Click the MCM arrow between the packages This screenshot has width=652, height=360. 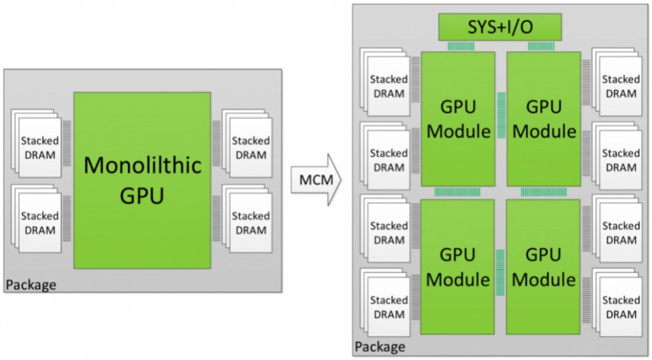click(316, 180)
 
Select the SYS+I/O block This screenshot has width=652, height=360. click(500, 27)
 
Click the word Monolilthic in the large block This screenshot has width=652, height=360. click(143, 165)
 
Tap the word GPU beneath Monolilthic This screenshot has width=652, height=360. click(142, 196)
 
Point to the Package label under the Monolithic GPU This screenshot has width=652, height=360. click(31, 285)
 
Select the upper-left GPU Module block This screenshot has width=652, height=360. click(458, 119)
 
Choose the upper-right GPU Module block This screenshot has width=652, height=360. click(543, 119)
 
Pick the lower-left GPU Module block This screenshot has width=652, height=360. click(458, 267)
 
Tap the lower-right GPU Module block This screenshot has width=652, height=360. click(543, 267)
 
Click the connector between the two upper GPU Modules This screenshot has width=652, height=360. click(501, 115)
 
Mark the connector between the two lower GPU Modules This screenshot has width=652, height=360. click(500, 272)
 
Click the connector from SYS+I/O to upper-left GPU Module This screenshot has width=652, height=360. click(461, 46)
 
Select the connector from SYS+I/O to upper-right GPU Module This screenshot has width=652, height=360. click(541, 46)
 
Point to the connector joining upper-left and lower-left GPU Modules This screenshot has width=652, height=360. click(458, 192)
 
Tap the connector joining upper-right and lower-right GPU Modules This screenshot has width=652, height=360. click(543, 192)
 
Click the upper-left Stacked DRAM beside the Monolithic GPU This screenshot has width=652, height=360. click(36, 143)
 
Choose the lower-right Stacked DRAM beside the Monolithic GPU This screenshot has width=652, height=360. click(247, 219)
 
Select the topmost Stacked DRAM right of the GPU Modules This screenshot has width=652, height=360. click(617, 82)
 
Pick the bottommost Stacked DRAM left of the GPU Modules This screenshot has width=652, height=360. click(385, 302)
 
